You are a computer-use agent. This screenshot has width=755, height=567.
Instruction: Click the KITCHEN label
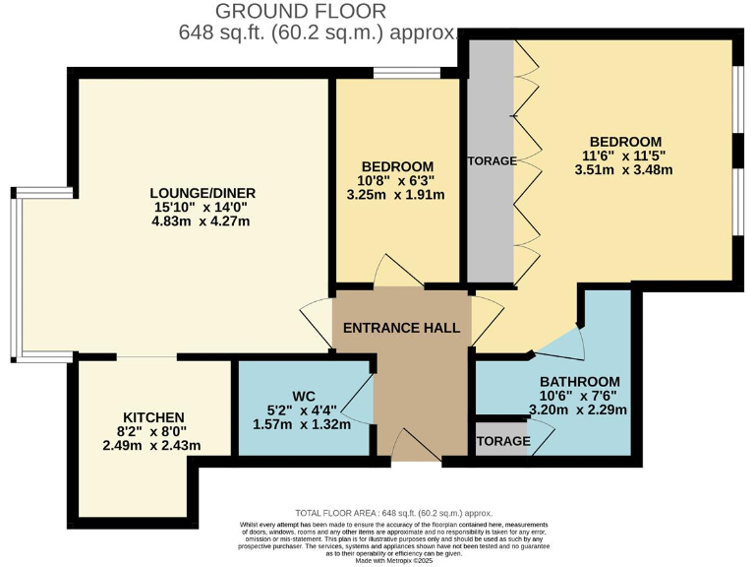(153, 416)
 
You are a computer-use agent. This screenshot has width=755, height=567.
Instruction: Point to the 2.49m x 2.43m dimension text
(153, 446)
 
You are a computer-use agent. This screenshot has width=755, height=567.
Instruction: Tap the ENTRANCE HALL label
(401, 328)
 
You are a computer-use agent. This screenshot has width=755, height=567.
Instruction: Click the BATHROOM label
(579, 382)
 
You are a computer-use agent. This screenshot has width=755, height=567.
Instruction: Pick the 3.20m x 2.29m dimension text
(579, 409)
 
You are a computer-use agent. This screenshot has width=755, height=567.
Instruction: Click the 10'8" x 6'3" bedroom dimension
(396, 180)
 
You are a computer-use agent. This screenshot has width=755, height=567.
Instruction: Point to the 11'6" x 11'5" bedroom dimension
(625, 156)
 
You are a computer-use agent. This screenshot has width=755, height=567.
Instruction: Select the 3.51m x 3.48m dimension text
(625, 169)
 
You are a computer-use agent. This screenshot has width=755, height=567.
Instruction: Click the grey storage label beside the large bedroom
(491, 161)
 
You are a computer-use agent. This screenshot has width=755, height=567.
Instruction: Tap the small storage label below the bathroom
(502, 442)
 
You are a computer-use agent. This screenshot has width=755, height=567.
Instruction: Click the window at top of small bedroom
(406, 72)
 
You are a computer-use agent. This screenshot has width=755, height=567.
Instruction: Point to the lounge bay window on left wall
(13, 271)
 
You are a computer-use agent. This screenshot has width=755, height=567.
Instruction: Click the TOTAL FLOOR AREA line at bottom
(393, 513)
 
